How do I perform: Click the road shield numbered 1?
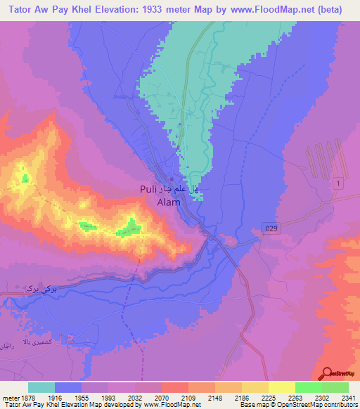(339, 183)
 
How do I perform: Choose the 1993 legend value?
(108, 398)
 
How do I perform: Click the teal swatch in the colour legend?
(41, 387)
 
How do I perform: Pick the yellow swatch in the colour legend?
(281, 387)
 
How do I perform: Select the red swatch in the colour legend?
(174, 387)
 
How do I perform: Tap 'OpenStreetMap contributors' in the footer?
(323, 405)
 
